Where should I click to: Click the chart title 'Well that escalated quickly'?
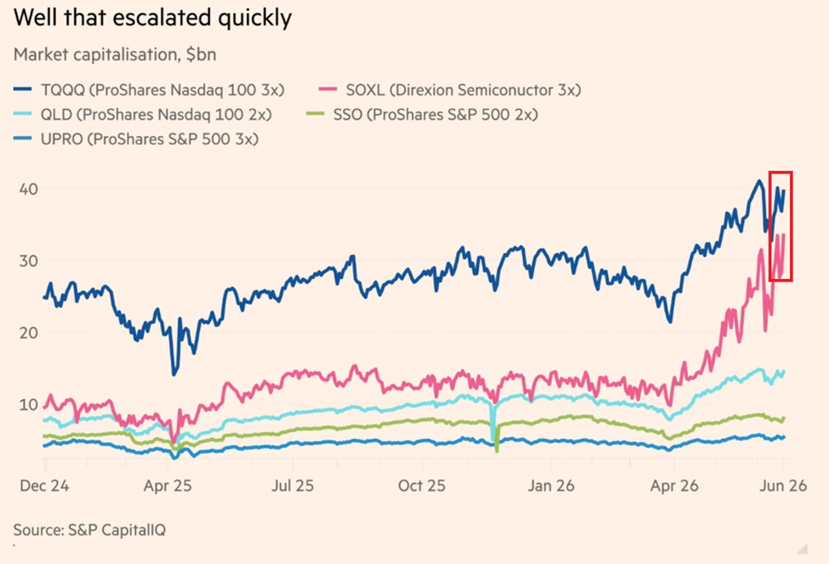[152, 18]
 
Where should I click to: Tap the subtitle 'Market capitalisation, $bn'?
[115, 54]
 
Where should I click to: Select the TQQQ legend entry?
[149, 90]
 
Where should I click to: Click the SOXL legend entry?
[450, 90]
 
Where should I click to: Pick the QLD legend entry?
[143, 114]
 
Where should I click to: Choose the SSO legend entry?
[422, 114]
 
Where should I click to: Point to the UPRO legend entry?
[136, 139]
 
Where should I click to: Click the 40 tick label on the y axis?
[29, 189]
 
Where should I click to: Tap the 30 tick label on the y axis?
[29, 260]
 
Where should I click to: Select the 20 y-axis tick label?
[29, 333]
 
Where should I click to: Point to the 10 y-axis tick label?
[29, 404]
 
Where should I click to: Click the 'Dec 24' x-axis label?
[44, 486]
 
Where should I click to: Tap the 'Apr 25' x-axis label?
[168, 486]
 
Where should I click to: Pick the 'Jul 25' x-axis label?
[293, 486]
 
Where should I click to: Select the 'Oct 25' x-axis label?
[421, 486]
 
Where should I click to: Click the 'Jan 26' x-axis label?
[551, 486]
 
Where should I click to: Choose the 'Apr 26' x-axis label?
[674, 486]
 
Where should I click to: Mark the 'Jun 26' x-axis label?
[783, 486]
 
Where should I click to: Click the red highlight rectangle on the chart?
[780, 173]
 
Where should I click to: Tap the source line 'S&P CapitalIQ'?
[117, 530]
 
